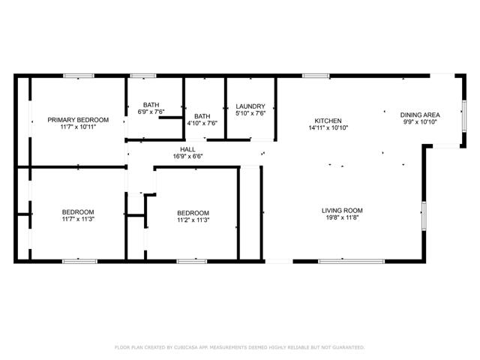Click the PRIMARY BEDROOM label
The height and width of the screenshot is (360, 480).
pos(78,120)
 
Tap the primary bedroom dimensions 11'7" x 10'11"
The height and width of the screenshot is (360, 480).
pos(78,127)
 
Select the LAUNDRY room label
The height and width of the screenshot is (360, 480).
pos(250,106)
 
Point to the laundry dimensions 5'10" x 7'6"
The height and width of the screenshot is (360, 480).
pos(250,114)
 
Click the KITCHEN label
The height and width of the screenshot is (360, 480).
pos(328,121)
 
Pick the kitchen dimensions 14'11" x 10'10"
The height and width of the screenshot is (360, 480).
pos(328,128)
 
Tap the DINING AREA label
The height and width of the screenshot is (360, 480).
pos(420,114)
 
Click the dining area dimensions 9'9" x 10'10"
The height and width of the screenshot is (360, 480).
pos(420,121)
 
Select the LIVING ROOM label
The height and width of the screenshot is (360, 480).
pos(342,211)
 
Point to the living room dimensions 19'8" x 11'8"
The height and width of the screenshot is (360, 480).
pos(342,219)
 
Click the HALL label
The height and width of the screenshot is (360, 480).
pos(188,149)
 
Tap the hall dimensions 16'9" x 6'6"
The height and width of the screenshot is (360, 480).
pos(188,157)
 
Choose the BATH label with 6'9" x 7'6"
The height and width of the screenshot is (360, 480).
pos(151,106)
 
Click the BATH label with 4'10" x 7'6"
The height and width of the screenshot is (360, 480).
pos(202,116)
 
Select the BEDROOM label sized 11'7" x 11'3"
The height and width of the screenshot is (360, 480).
pos(78,212)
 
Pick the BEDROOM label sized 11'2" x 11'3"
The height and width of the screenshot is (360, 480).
pos(193,213)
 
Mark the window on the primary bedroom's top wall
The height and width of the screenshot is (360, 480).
pos(78,76)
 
